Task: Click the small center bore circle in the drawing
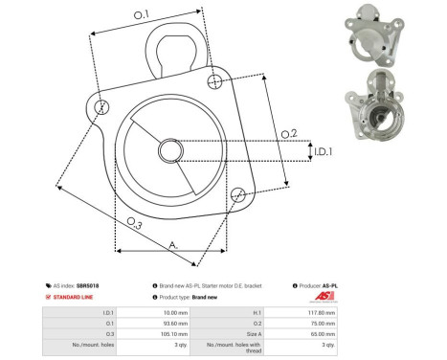point(172,150)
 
